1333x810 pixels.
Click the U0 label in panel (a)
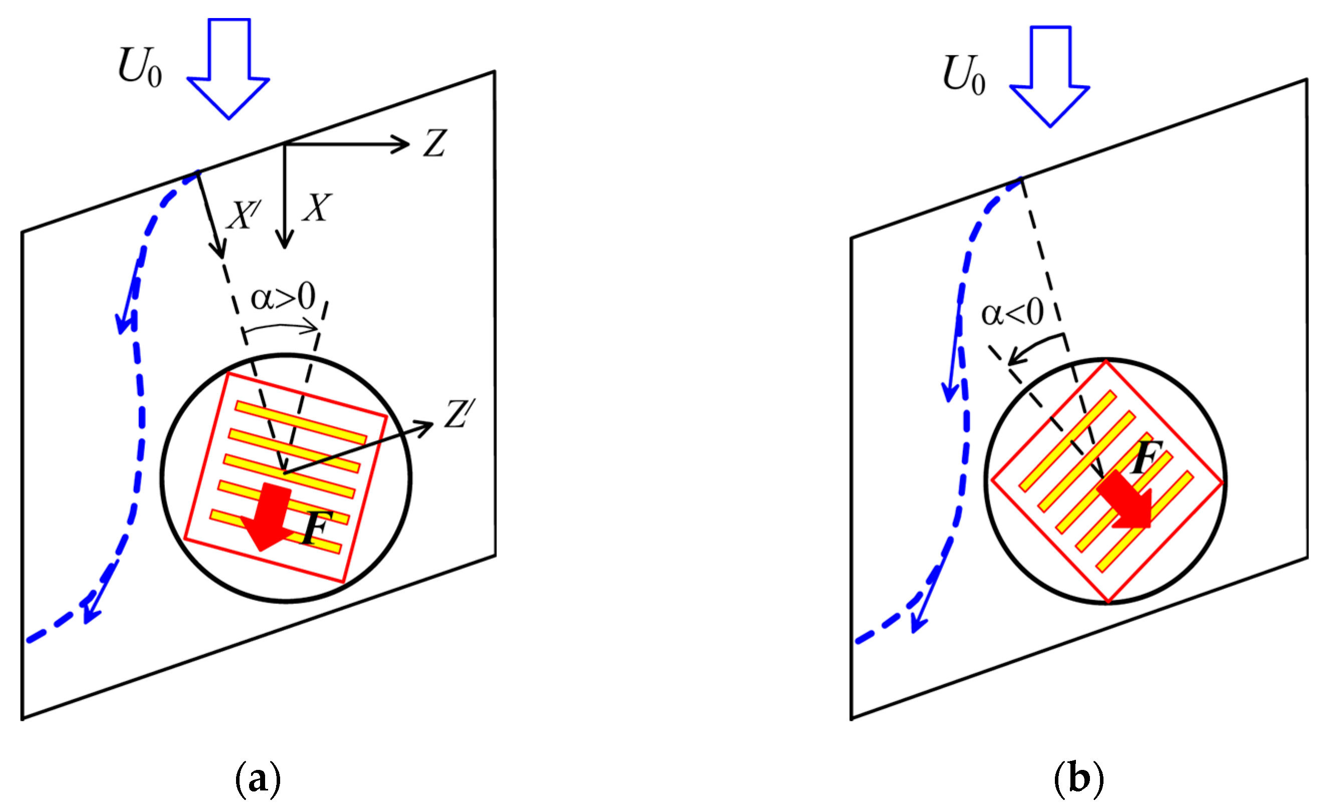pyautogui.click(x=140, y=68)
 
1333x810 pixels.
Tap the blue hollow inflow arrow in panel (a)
pyautogui.click(x=229, y=70)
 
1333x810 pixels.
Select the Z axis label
pyautogui.click(x=434, y=143)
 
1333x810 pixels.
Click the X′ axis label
pyautogui.click(x=243, y=215)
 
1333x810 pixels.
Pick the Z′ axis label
pyautogui.click(x=460, y=415)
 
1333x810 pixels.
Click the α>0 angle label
pyautogui.click(x=283, y=297)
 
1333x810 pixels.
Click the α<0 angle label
pyautogui.click(x=1012, y=313)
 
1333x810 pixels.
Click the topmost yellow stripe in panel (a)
pyautogui.click(x=301, y=423)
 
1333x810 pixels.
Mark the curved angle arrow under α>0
pyautogui.click(x=281, y=327)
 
